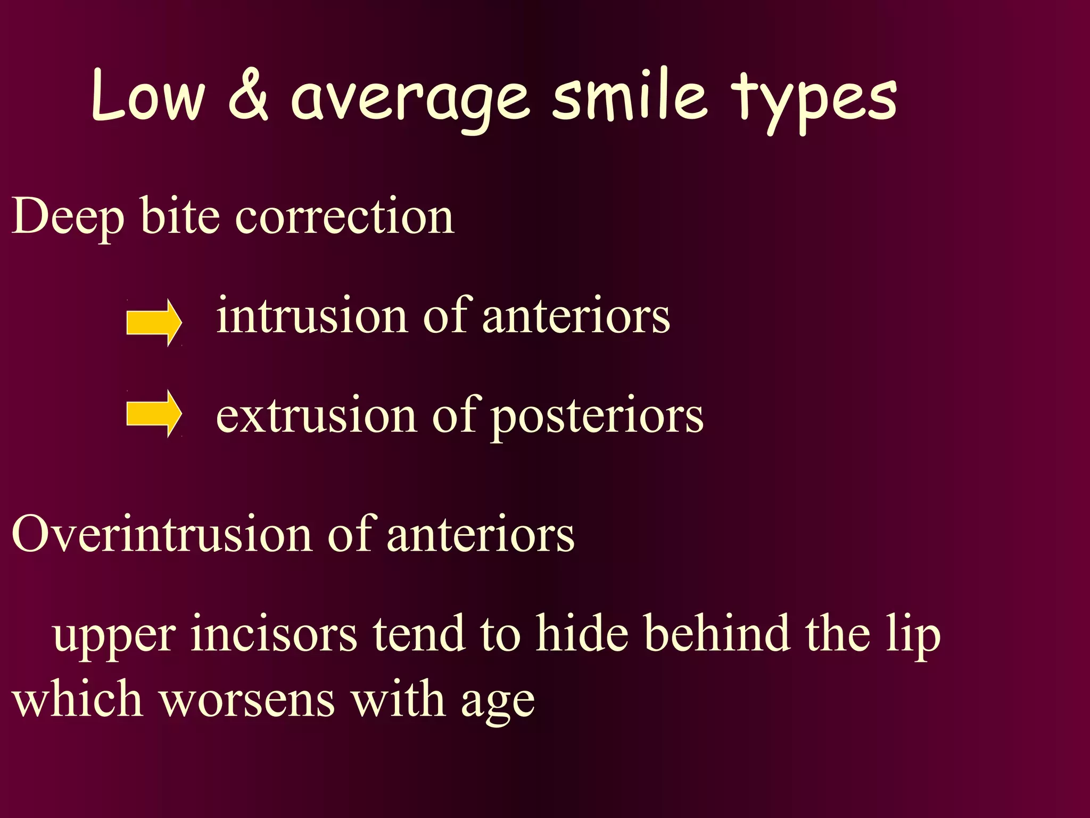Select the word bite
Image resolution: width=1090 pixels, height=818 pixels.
(x=180, y=216)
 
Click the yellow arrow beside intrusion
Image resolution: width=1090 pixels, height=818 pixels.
(x=154, y=323)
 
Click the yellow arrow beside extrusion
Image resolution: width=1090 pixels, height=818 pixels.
(x=154, y=414)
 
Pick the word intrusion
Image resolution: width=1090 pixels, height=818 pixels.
(x=312, y=316)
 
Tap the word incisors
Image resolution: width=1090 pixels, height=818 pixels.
(x=274, y=634)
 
